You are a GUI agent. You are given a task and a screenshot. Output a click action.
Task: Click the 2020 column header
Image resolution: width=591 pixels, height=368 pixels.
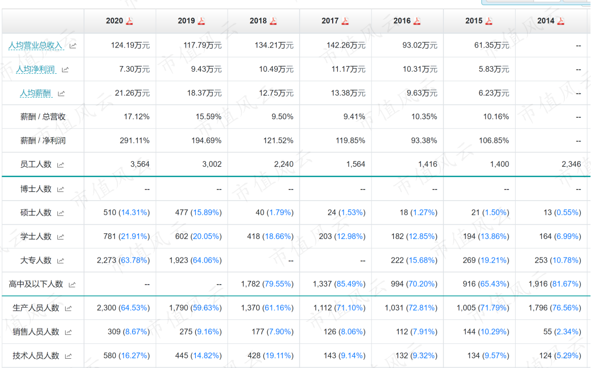click(x=114, y=21)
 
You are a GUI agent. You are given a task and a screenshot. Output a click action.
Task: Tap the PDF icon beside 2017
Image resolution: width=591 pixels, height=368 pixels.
click(x=345, y=21)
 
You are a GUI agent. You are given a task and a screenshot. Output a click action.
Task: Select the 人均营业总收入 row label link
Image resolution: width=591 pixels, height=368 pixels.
click(x=35, y=46)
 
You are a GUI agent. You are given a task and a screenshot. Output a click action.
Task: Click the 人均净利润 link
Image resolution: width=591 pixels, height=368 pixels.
click(x=35, y=69)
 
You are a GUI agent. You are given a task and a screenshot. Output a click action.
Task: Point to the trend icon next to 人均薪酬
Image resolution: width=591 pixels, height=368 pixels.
click(x=61, y=93)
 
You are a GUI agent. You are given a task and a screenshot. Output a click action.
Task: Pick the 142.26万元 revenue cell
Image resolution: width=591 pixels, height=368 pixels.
click(x=345, y=46)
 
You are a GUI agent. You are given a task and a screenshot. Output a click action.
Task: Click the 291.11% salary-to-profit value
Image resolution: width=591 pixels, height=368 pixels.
click(x=135, y=141)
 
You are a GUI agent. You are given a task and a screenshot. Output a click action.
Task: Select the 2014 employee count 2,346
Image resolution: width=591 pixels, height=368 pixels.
click(x=571, y=164)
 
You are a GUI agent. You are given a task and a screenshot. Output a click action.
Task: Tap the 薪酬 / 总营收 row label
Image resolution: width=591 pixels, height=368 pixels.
click(x=43, y=117)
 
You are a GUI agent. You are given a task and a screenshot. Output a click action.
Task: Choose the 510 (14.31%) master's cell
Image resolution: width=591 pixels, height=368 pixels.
click(x=126, y=212)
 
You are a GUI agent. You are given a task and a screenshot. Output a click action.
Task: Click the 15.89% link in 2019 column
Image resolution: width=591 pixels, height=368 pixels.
click(x=206, y=212)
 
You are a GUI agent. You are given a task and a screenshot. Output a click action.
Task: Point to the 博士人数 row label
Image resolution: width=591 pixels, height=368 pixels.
click(x=36, y=189)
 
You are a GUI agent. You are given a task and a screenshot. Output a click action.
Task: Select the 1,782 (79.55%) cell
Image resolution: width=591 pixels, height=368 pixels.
click(x=267, y=284)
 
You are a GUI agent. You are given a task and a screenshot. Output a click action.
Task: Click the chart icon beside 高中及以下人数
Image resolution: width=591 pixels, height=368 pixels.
click(x=72, y=285)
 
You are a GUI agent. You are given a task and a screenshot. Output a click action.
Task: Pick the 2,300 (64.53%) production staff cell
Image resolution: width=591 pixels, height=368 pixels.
click(x=123, y=308)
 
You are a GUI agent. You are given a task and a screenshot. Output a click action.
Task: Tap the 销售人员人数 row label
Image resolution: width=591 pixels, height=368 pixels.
click(x=36, y=332)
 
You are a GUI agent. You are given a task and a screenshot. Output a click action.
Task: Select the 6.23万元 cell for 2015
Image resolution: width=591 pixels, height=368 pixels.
click(x=494, y=93)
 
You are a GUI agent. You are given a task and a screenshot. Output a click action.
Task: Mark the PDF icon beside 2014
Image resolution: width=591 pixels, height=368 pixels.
click(x=560, y=21)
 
